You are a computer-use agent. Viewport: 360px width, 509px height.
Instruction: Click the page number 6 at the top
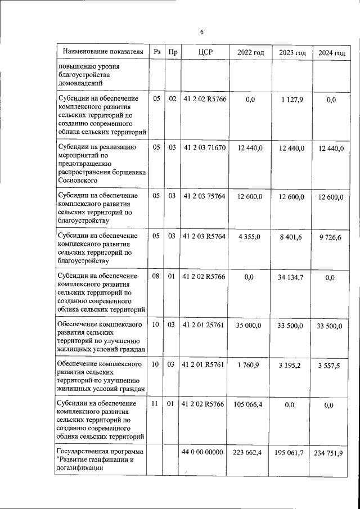[x=201, y=32]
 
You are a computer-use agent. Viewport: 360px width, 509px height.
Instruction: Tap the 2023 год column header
[x=292, y=52]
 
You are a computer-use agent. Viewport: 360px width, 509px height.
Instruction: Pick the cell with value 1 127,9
[x=292, y=100]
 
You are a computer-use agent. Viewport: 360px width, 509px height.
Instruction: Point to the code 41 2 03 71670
[x=204, y=148]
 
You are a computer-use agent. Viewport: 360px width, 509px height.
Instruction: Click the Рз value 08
[x=157, y=276]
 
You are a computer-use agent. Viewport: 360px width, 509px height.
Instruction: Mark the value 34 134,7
[x=292, y=277]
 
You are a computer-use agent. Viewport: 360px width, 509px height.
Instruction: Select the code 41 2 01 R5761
[x=204, y=364]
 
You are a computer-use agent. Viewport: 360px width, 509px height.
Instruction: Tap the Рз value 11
[x=157, y=403]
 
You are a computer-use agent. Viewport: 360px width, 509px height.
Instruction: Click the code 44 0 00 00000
[x=204, y=452]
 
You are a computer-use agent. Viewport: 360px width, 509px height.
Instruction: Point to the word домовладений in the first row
[x=80, y=83]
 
